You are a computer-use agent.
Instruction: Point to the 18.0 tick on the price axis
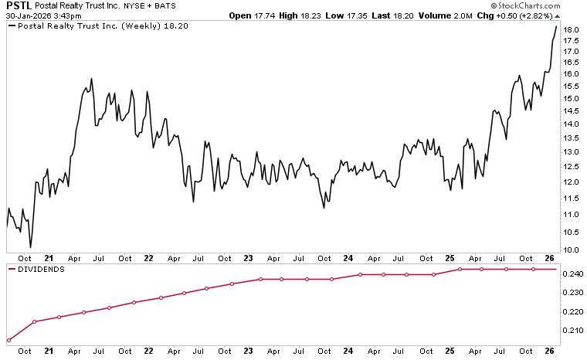point(571,30)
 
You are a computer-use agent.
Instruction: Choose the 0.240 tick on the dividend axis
point(572,274)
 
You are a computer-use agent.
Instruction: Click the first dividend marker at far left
point(8,340)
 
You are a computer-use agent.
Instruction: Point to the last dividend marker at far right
point(555,269)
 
